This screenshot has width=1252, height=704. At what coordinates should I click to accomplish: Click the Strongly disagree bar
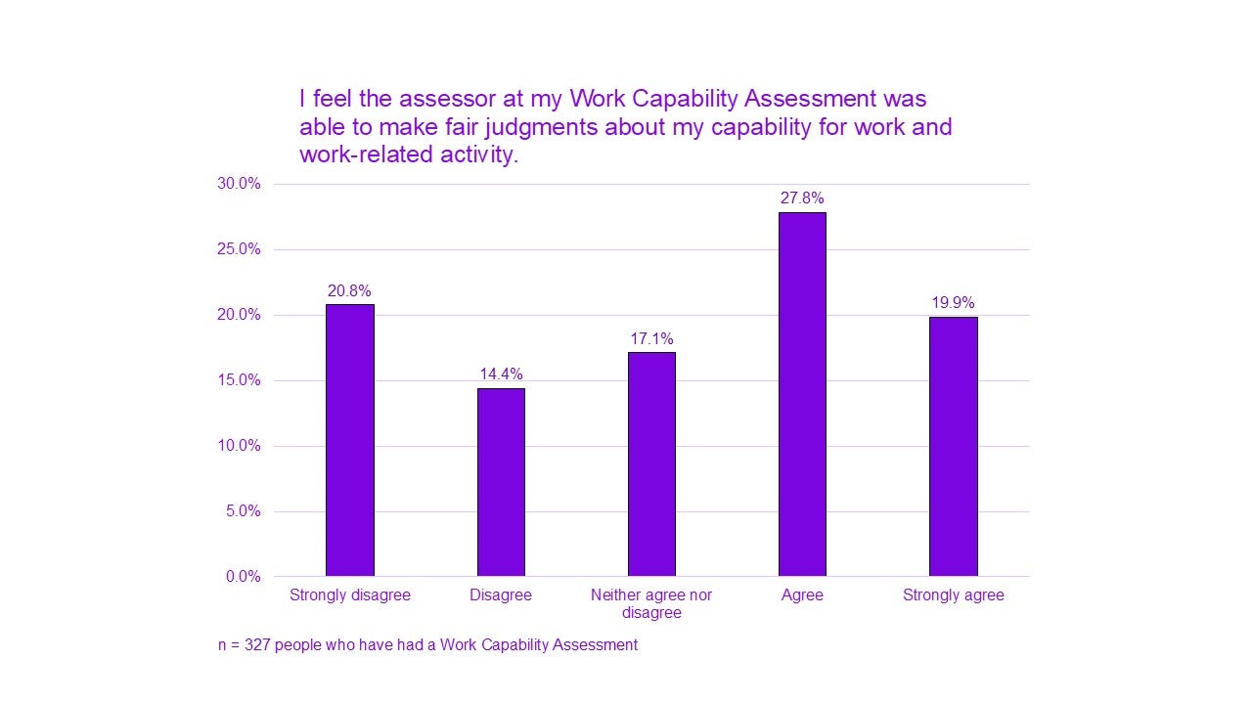pos(349,440)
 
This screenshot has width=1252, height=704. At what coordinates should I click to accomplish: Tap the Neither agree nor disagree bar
pos(651,464)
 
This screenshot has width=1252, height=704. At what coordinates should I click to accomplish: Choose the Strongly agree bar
pos(953,446)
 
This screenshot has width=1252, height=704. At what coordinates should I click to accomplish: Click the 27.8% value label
pos(802,198)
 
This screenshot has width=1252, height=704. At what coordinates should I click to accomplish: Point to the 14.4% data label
pos(501,374)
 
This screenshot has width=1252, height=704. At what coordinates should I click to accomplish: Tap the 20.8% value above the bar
pos(349,290)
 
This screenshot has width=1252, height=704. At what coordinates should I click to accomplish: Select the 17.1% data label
pos(651,338)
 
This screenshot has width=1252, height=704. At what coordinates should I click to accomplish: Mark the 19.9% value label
pos(953,303)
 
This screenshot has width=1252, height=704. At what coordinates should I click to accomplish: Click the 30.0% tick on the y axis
pos(239,184)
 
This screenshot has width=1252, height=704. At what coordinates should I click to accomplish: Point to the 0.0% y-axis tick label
pos(243,577)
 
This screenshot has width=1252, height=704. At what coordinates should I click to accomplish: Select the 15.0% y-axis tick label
pos(239,380)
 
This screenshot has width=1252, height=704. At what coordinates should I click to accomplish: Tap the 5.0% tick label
pos(243,511)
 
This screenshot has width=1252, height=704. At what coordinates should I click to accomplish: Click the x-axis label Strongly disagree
pos(349,595)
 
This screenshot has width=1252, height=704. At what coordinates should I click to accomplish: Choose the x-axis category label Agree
pos(802,595)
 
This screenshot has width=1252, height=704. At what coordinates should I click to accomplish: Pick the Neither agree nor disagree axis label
pos(651,603)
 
